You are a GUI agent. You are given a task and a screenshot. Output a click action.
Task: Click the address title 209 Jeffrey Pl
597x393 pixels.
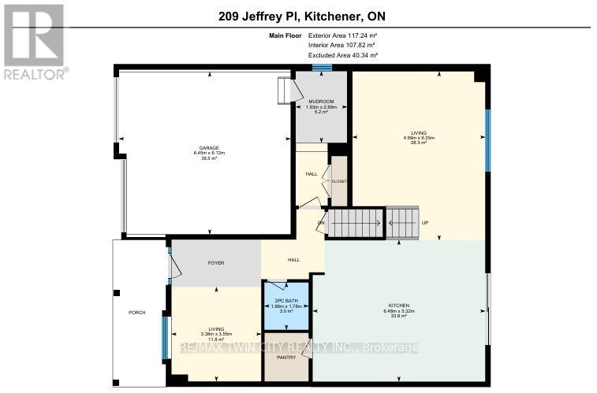(x=297, y=17)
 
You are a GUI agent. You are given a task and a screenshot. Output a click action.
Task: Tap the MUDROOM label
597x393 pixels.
(x=321, y=102)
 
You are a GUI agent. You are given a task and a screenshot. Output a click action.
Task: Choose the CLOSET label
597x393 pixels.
(x=339, y=181)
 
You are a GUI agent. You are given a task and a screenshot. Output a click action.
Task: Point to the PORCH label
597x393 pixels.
(x=137, y=312)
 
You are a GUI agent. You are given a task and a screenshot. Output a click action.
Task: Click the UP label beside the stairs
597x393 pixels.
(x=425, y=223)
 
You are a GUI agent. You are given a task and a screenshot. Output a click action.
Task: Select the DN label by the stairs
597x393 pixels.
(x=321, y=223)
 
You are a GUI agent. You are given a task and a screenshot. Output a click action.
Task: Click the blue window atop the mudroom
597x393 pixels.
(x=321, y=68)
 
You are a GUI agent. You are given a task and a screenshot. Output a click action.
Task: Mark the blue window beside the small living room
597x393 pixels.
(x=166, y=337)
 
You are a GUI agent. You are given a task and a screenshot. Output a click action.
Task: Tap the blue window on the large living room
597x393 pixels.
(x=487, y=139)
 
